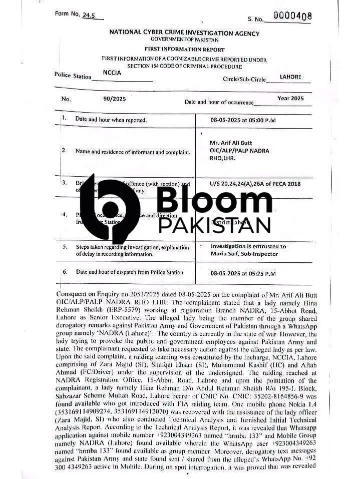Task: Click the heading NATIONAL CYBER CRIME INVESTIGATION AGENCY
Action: pyautogui.click(x=185, y=33)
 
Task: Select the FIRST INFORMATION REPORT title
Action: pyautogui.click(x=185, y=50)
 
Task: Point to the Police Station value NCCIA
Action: pyautogui.click(x=113, y=73)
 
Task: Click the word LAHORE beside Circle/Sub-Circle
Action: pyautogui.click(x=290, y=77)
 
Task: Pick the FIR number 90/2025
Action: pyautogui.click(x=115, y=99)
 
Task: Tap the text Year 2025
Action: pyautogui.click(x=290, y=99)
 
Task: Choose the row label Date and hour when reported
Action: pyautogui.click(x=111, y=120)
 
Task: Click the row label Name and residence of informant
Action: pyautogui.click(x=132, y=151)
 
